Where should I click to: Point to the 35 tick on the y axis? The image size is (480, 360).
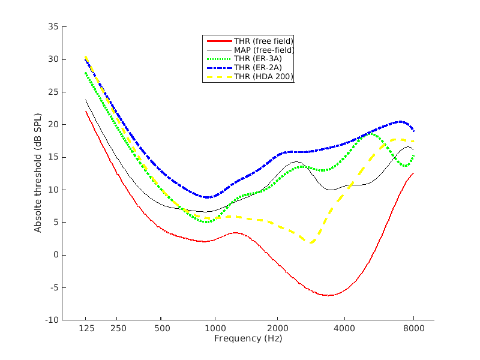pos(53,27)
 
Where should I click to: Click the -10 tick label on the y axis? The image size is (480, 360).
pos(51,320)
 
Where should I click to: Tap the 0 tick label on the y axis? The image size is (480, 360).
pos(55,255)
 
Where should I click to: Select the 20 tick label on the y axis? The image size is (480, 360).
pos(53,125)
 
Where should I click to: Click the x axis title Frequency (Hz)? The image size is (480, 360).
pos(248,338)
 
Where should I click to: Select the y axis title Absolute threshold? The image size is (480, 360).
pos(38,173)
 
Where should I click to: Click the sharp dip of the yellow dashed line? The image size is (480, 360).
pos(311,242)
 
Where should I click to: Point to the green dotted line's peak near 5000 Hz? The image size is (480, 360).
pos(371,134)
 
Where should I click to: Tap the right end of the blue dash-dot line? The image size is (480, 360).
pos(413,131)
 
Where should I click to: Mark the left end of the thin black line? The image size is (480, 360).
pos(86,100)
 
